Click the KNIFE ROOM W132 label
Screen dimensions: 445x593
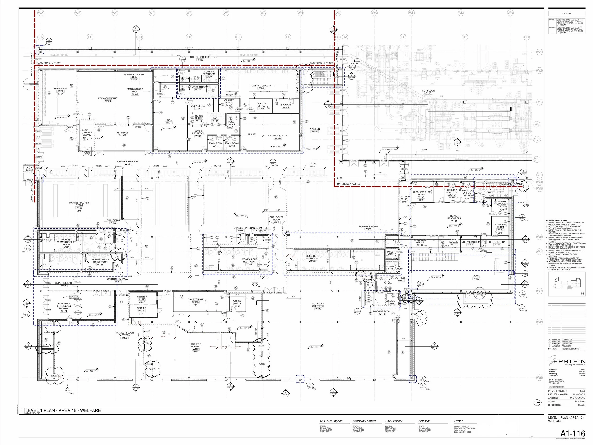point(60,91)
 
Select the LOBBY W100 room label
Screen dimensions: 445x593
point(476,277)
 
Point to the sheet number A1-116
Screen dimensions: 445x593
point(573,433)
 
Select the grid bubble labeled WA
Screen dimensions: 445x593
point(41,13)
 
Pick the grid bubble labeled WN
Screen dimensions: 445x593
point(510,13)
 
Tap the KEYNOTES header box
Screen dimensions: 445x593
point(566,14)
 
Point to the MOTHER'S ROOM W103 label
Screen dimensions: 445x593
point(368,228)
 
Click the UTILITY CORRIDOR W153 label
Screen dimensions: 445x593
point(200,58)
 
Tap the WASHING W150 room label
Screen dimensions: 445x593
point(315,130)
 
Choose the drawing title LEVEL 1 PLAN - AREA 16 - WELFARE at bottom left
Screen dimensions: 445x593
point(63,410)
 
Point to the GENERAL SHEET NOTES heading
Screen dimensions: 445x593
point(556,221)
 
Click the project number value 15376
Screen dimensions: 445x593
point(582,391)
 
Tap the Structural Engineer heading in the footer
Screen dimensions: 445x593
point(364,421)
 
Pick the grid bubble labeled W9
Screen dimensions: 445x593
point(539,377)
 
